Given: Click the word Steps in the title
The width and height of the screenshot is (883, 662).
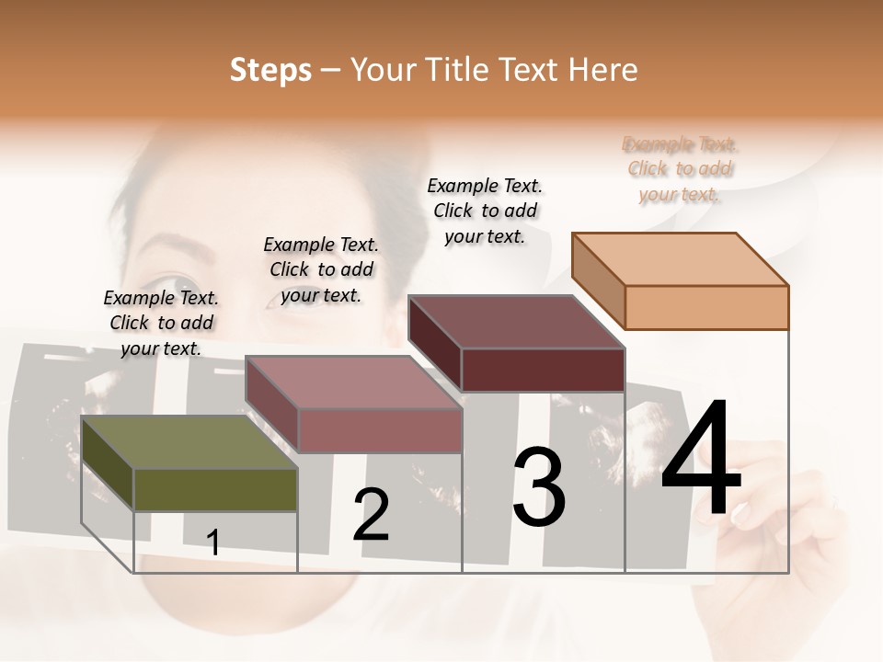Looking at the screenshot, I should click(x=270, y=70).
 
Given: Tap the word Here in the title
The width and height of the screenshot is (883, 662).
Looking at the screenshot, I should click(x=602, y=70).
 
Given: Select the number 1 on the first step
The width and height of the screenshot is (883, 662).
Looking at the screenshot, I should click(x=213, y=542).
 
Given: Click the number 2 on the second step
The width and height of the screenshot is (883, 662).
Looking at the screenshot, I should click(x=371, y=515).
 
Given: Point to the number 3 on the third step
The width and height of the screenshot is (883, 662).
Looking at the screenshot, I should click(x=538, y=487).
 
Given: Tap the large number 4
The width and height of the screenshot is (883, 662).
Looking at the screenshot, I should click(x=701, y=460).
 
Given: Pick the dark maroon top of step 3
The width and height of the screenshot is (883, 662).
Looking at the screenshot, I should click(x=516, y=322).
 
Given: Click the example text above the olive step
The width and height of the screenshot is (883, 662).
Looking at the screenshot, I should click(x=161, y=324).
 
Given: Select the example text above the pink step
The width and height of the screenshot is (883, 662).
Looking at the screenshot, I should click(x=321, y=270).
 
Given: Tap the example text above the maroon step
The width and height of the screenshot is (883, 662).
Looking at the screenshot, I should click(x=485, y=211).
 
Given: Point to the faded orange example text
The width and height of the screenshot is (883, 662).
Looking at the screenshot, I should click(x=680, y=169).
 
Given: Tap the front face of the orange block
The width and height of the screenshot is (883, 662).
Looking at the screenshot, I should click(x=706, y=307).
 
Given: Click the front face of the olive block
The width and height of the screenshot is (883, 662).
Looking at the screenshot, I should click(x=215, y=490).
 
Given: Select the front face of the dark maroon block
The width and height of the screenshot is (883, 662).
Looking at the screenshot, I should click(x=543, y=371).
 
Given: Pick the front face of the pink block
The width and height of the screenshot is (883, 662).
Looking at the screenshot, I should click(x=379, y=430).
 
